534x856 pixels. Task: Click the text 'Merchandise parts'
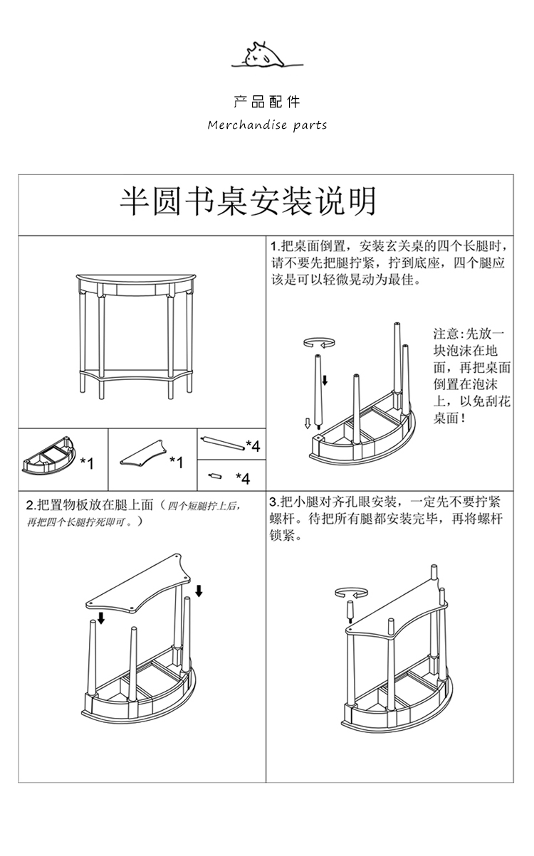click(x=267, y=125)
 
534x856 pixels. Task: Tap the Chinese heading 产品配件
click(x=267, y=102)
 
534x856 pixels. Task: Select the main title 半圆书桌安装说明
click(x=247, y=203)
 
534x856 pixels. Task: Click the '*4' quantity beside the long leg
click(x=253, y=445)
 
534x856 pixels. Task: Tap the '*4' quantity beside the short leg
click(x=243, y=478)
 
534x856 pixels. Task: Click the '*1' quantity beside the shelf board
click(x=177, y=463)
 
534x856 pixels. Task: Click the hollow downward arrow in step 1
click(x=308, y=424)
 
